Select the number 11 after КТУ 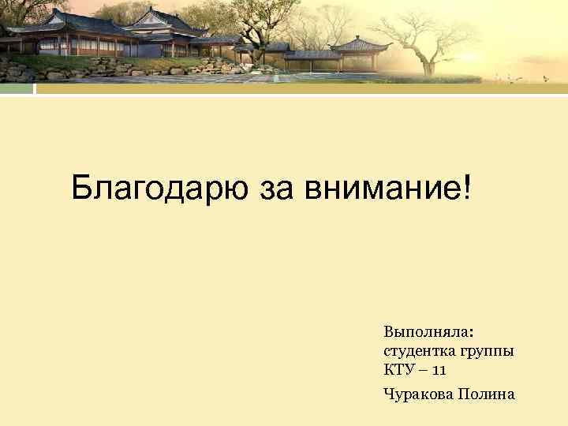[x=439, y=369]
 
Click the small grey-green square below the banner [x=17, y=89]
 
